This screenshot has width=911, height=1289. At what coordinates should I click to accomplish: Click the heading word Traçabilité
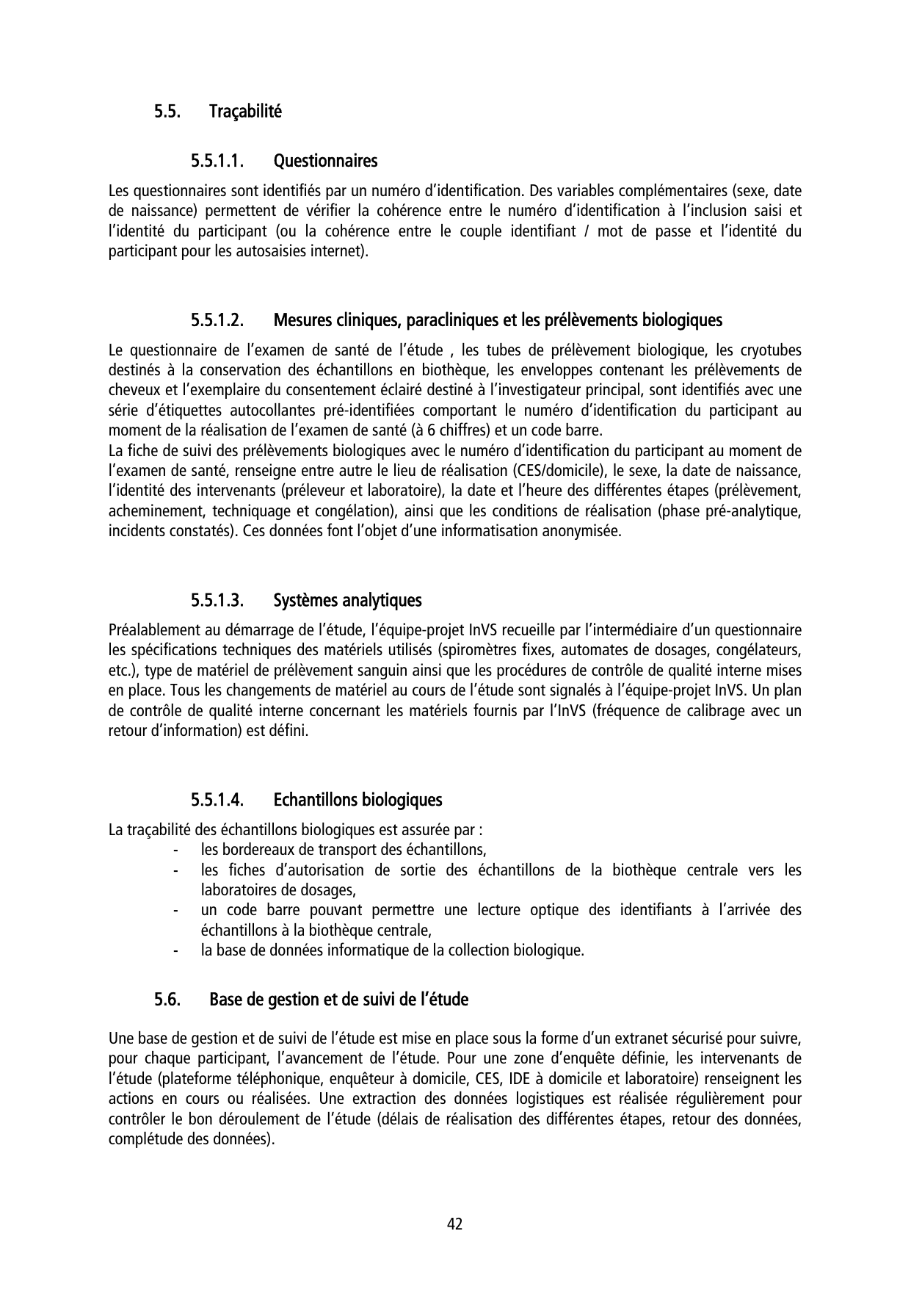(245, 112)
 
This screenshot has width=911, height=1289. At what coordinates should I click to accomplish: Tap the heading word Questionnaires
(325, 160)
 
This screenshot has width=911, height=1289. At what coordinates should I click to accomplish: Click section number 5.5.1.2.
(217, 320)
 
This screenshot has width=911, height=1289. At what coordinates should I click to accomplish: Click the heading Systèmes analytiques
(347, 600)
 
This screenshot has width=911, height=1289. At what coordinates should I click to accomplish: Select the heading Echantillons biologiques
(357, 798)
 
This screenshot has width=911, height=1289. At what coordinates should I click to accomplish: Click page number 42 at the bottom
(455, 1224)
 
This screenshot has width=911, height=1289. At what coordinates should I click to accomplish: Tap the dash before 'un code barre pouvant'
(175, 910)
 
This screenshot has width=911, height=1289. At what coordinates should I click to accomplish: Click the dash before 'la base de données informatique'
(175, 950)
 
